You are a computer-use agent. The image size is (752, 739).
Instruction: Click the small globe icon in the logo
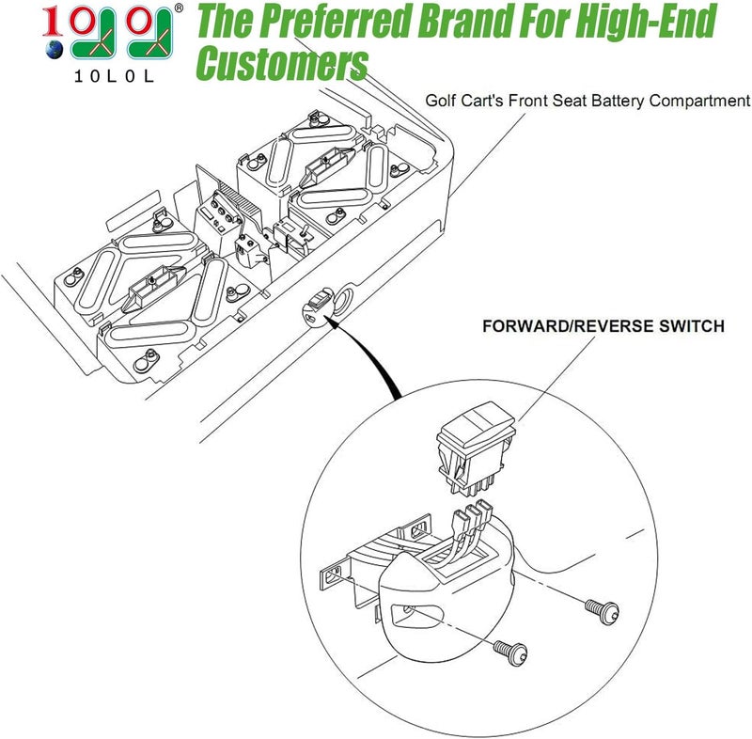coord(55,50)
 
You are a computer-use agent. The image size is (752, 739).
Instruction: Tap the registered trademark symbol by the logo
coord(179,8)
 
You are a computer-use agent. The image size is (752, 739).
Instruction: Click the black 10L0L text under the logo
coord(114,76)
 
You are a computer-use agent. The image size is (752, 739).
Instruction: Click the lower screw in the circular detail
coord(511,653)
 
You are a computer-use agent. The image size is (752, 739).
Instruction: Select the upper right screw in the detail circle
coord(603,611)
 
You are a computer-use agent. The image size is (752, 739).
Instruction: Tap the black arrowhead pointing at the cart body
coord(333,323)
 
